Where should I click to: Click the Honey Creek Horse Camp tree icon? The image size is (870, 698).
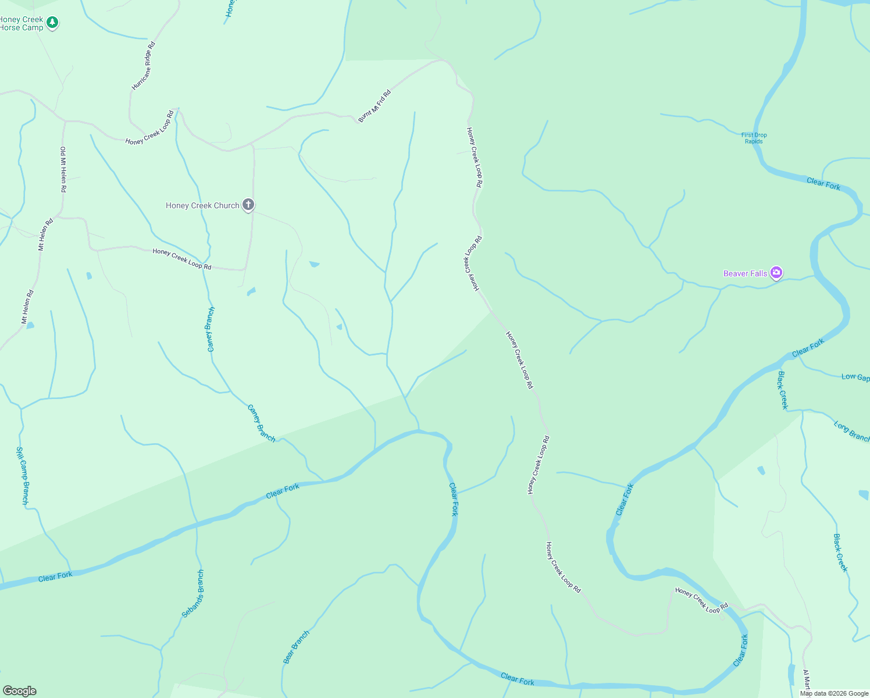click(x=52, y=23)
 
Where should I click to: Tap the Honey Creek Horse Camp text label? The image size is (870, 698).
click(x=22, y=23)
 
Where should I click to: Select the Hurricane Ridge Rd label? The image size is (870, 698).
click(x=144, y=66)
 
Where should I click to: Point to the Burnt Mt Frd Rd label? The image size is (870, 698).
click(x=375, y=106)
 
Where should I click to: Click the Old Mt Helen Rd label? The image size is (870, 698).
click(x=63, y=169)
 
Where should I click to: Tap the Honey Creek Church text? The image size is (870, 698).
click(x=202, y=205)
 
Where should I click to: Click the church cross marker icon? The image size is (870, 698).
click(x=248, y=204)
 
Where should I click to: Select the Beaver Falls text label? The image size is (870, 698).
click(x=745, y=273)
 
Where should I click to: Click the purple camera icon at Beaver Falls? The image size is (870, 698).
click(x=776, y=272)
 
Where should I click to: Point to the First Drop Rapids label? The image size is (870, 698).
click(x=754, y=138)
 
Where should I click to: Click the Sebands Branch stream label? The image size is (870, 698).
click(x=193, y=593)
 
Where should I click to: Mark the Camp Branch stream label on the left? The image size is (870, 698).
click(x=22, y=475)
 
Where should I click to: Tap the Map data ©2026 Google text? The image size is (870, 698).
click(x=834, y=693)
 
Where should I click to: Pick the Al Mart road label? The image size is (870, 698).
click(x=807, y=679)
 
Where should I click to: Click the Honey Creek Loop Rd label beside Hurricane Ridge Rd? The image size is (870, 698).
click(x=149, y=128)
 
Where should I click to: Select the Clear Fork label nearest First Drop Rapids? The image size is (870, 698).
click(x=823, y=184)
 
